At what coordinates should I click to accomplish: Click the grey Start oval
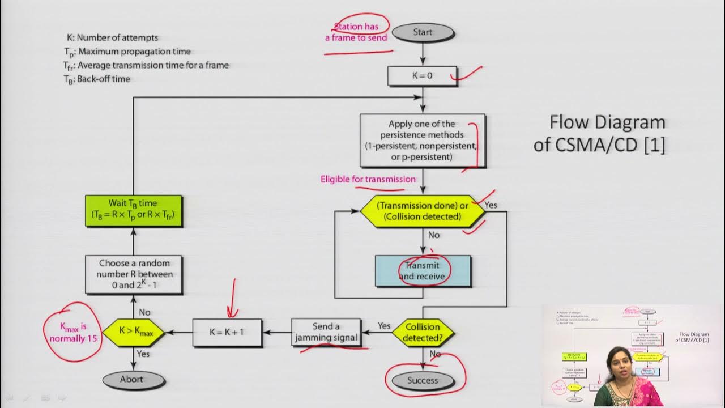click(x=423, y=32)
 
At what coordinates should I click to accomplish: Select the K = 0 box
click(x=422, y=75)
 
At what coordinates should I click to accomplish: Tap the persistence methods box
click(x=422, y=140)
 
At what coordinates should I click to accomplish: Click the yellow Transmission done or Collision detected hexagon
click(x=423, y=211)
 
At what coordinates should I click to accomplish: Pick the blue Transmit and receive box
click(x=423, y=271)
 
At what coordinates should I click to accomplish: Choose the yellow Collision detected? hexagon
click(x=423, y=332)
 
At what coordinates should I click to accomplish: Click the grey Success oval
click(x=423, y=380)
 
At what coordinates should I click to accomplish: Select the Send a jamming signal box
click(x=326, y=332)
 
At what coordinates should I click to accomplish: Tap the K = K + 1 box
click(x=227, y=332)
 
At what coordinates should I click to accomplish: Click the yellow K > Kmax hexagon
click(x=133, y=332)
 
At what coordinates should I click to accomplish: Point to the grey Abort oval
click(x=131, y=379)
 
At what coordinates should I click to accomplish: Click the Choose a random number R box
click(x=134, y=274)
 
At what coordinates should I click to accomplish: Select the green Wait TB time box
click(x=134, y=210)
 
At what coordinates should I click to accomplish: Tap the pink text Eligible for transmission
click(x=368, y=179)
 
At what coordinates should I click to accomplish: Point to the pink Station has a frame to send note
click(x=356, y=32)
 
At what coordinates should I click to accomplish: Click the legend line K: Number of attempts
click(x=112, y=38)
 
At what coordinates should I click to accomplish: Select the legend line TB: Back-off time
click(x=97, y=79)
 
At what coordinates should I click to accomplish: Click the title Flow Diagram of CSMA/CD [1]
click(x=600, y=134)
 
